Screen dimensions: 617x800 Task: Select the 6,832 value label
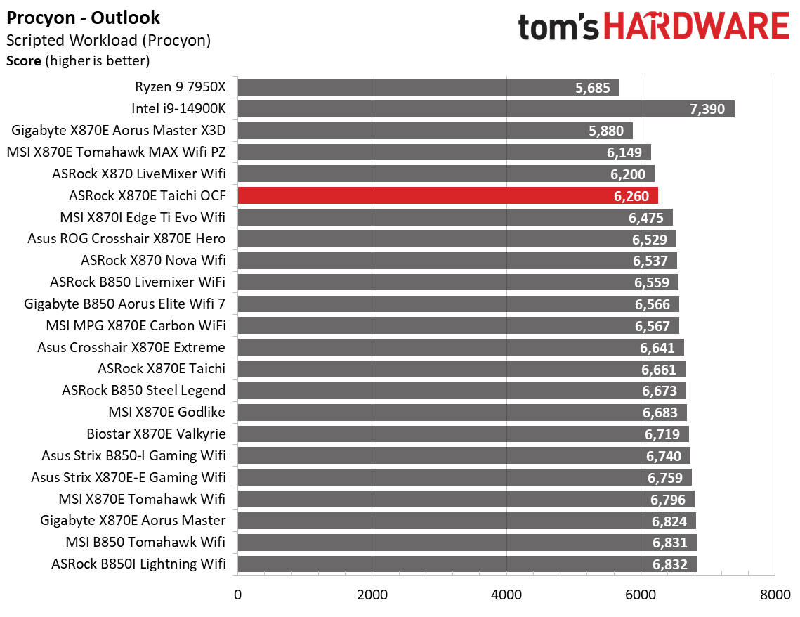pos(669,564)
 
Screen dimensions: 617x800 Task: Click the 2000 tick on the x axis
pos(372,595)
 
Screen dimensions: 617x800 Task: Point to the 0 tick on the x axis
pos(238,595)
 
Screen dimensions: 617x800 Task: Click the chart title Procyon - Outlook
pos(83,18)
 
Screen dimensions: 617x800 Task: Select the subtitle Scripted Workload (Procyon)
pos(108,40)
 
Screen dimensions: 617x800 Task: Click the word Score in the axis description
pos(24,61)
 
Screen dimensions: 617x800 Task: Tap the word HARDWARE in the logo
pos(695,27)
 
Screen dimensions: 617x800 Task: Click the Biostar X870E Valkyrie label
pos(156,434)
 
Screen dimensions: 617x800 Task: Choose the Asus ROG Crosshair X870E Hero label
pos(126,239)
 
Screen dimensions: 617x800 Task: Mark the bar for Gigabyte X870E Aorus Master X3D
pos(435,131)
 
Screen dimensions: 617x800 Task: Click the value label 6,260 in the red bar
pos(631,196)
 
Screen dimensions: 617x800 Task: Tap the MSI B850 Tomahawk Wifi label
pos(145,543)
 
